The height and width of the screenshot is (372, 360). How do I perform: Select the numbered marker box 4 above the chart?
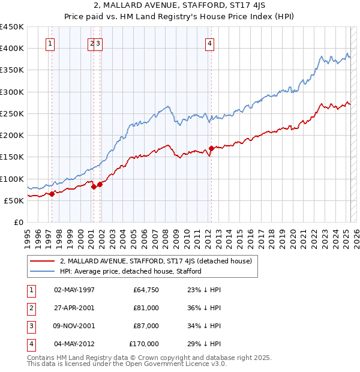(x=210, y=43)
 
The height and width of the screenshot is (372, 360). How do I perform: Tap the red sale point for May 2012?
(x=211, y=148)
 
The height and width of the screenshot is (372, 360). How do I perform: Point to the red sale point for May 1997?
(x=52, y=194)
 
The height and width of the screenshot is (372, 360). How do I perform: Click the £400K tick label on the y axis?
(x=12, y=49)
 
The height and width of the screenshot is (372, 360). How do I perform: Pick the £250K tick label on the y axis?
(x=12, y=113)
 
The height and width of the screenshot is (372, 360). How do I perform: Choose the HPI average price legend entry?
(x=130, y=271)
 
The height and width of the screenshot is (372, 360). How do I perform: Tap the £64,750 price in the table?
(x=146, y=290)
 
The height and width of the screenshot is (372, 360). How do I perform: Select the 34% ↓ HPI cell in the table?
(x=206, y=326)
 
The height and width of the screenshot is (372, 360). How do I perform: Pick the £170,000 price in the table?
(x=144, y=344)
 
